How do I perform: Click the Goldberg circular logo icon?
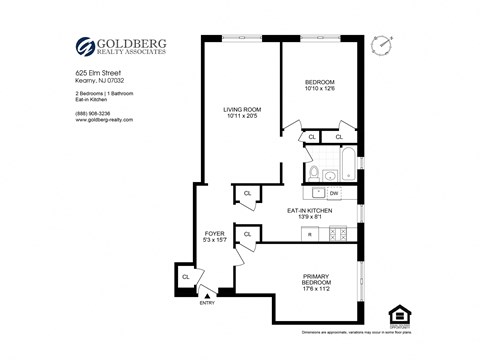click(87, 46)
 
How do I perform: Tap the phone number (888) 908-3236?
click(95, 112)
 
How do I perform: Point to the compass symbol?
click(381, 45)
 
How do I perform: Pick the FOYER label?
click(214, 234)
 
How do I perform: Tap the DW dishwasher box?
click(334, 192)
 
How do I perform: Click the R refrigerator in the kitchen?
click(309, 234)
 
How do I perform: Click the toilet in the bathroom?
click(314, 171)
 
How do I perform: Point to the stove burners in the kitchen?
click(339, 234)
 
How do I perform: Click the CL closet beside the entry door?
click(186, 276)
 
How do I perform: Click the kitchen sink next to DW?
click(314, 192)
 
